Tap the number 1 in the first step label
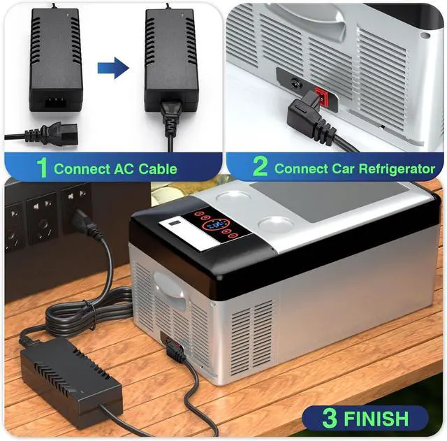(42, 168)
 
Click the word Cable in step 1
(152, 168)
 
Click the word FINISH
(376, 419)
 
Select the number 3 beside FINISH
(329, 418)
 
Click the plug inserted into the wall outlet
(83, 222)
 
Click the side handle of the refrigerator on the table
(169, 286)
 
